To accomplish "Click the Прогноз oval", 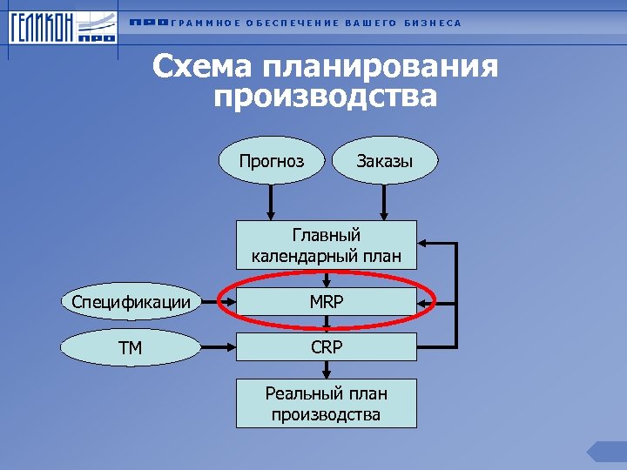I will tap(273, 160).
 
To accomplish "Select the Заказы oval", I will tap(384, 160).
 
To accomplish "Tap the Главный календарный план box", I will tap(327, 245).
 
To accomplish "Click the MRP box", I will tap(327, 303).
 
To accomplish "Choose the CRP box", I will tap(327, 347).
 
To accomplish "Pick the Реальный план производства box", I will tap(327, 404).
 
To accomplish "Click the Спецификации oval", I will tap(131, 303).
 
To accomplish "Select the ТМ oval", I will tap(131, 348).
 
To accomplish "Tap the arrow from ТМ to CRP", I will tap(219, 348).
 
